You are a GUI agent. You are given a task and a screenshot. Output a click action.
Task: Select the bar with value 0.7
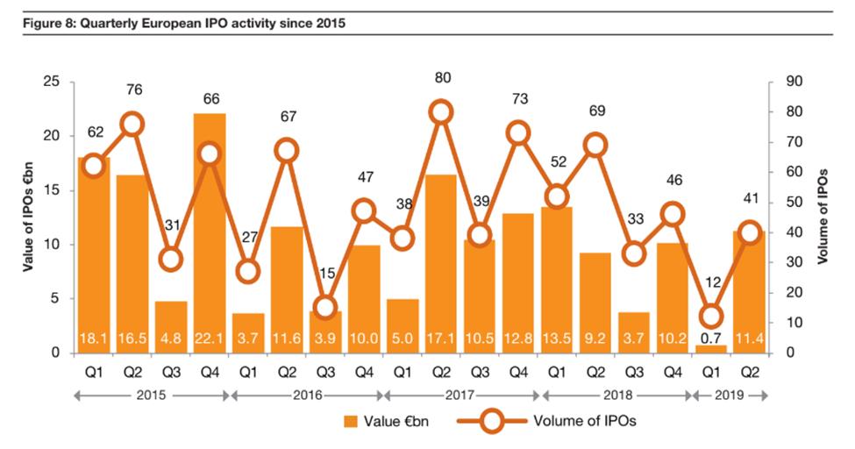(x=711, y=348)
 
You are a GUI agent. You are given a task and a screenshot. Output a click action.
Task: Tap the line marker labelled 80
(x=441, y=111)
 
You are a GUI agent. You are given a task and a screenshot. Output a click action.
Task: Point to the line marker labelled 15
(x=325, y=308)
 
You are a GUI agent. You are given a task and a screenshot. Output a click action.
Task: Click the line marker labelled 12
(x=711, y=317)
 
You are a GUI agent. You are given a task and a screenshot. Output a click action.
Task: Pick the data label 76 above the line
(x=132, y=89)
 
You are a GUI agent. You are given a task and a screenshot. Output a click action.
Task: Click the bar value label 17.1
(x=441, y=338)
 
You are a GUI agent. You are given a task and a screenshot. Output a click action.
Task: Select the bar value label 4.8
(x=171, y=338)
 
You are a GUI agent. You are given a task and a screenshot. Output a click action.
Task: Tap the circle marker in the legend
(x=493, y=422)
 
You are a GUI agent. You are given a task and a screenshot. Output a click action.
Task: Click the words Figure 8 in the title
(x=50, y=23)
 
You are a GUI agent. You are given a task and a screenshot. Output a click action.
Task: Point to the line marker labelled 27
(x=248, y=271)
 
